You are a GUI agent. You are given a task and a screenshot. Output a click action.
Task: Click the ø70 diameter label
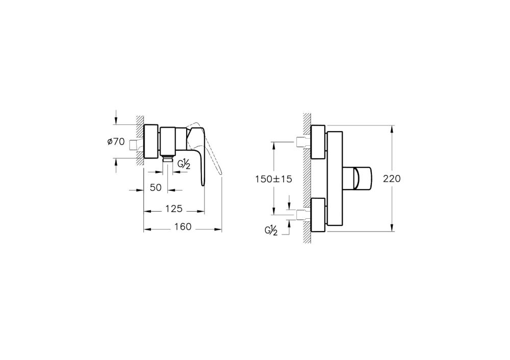pos(116,142)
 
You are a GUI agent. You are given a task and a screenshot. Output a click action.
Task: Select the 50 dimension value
pos(156,187)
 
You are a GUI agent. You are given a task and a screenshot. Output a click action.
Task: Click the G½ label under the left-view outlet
pos(184,164)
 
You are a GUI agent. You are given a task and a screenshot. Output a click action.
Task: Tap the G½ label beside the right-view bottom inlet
pos(271,230)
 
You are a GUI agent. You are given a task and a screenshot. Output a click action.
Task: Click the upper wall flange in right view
pos(318,142)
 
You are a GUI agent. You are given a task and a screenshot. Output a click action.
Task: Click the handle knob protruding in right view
pos(361,178)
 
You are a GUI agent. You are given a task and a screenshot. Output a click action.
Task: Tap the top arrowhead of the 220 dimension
pos(392,128)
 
